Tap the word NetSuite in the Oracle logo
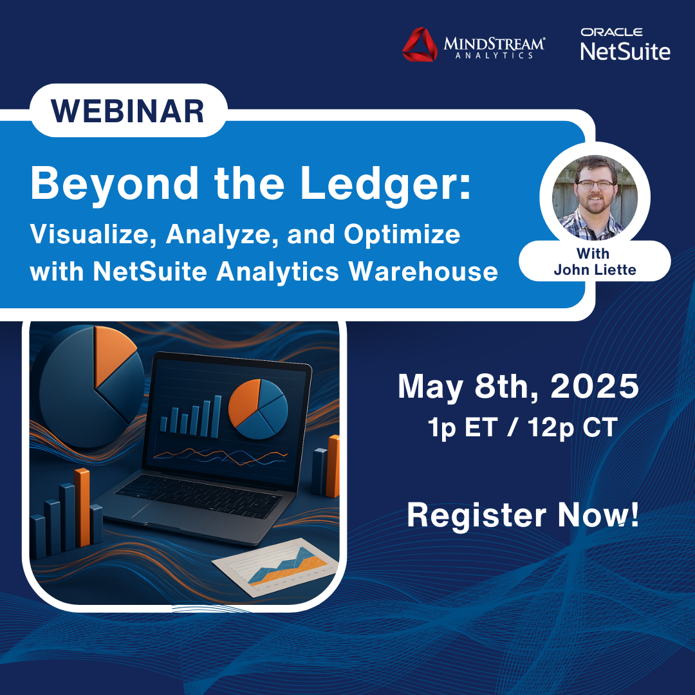click(x=625, y=51)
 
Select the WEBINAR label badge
click(x=127, y=110)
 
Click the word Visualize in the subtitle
click(x=93, y=235)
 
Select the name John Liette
click(x=595, y=269)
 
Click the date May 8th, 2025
click(x=518, y=387)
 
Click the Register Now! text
click(x=523, y=515)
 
